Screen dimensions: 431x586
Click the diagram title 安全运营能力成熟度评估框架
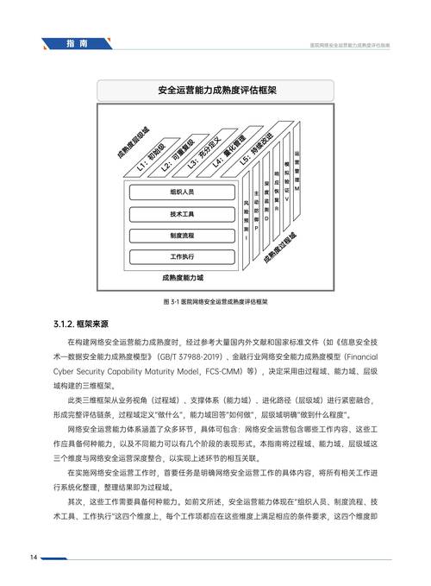(x=215, y=89)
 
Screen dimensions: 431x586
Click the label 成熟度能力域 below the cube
(x=182, y=279)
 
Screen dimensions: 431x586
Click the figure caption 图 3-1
(x=215, y=303)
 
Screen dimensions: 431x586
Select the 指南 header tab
(x=76, y=43)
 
